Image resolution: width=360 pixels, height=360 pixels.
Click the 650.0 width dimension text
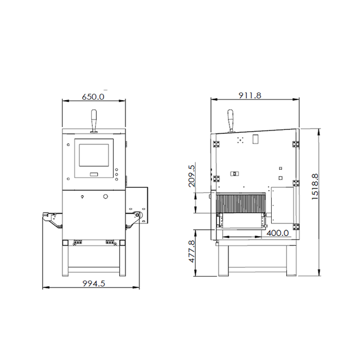click(x=93, y=96)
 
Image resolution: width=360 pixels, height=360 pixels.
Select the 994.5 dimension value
click(x=94, y=283)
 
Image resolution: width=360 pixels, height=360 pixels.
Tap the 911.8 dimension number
click(x=250, y=96)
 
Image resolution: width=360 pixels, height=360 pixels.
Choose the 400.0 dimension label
click(x=277, y=232)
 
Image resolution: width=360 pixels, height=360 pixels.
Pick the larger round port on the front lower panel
click(x=105, y=196)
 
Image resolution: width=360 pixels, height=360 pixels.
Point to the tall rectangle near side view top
click(x=255, y=138)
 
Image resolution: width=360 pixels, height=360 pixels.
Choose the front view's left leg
click(x=65, y=259)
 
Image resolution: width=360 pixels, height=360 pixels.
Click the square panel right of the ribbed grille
click(x=282, y=205)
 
